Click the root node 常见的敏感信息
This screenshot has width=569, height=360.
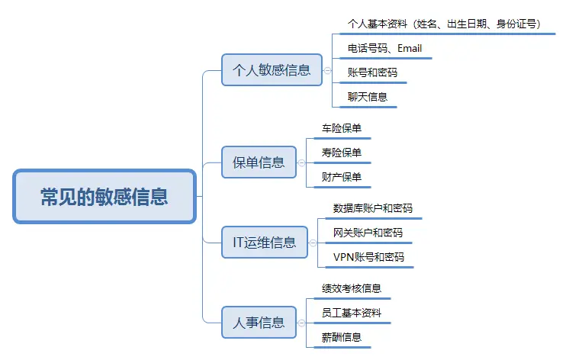tap(104, 197)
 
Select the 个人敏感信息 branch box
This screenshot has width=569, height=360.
tap(272, 70)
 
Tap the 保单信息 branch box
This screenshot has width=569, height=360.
tap(259, 162)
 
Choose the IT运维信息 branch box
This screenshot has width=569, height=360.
tap(264, 243)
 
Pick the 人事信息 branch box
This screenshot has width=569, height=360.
tap(259, 322)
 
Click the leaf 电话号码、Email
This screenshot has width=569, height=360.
tap(384, 49)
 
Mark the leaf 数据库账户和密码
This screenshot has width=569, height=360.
tap(373, 207)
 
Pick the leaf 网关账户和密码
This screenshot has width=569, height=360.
tap(368, 232)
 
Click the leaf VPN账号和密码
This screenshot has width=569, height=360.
tap(368, 257)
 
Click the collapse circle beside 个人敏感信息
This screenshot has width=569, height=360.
tap(326, 70)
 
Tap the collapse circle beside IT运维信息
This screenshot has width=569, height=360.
tap(313, 243)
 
